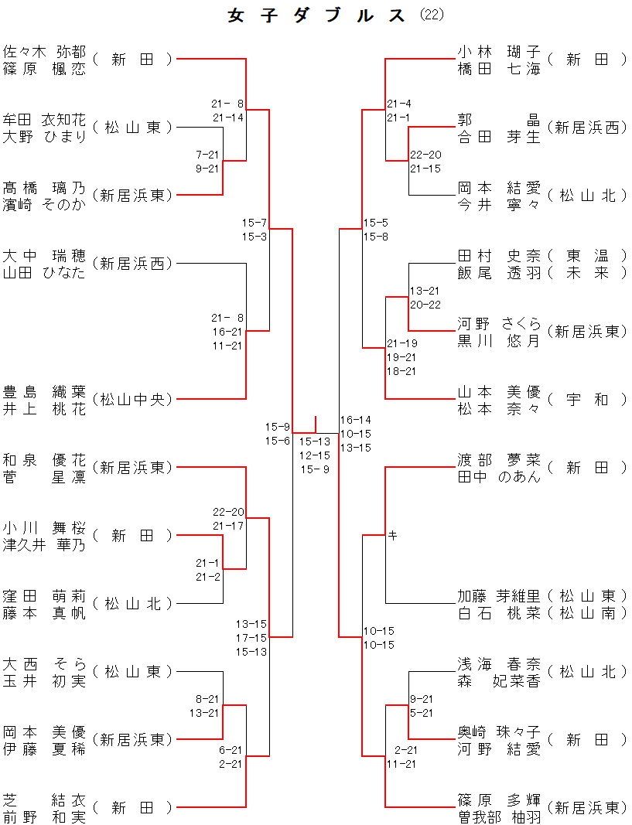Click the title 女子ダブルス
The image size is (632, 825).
pos(317,15)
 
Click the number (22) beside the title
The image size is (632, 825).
pos(432,15)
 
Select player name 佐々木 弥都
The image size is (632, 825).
pos(44,52)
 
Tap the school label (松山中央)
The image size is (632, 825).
pos(132,399)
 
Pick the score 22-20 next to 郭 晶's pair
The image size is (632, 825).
pos(425,155)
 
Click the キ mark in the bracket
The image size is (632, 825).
pos(392,534)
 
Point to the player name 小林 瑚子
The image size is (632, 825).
pos(499,52)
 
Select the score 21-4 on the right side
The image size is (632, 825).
pos(399,104)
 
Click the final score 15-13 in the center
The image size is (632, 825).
pos(315,441)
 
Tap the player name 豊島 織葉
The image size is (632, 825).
pos(44,392)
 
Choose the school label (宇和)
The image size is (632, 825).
pos(586,399)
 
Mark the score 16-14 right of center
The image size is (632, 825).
pos(356,420)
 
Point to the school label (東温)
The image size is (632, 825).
pos(586,256)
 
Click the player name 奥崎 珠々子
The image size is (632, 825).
pos(499,732)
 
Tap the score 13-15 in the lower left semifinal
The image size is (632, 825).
pos(251,624)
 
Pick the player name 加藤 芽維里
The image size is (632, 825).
pos(499,596)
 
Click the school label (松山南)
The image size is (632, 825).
pos(586,613)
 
